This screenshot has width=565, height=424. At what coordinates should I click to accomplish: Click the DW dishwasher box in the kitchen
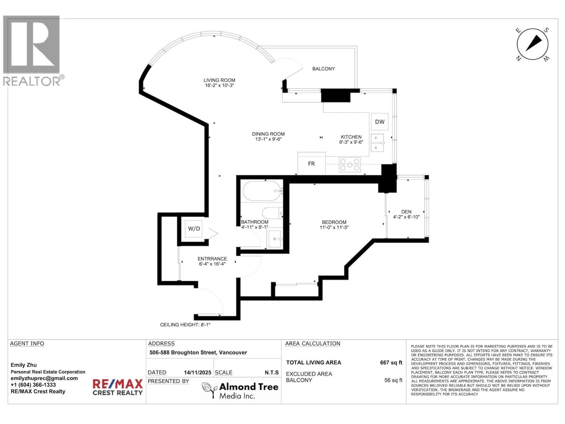pos(380,122)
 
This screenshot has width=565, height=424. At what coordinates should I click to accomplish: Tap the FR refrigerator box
pos(311,164)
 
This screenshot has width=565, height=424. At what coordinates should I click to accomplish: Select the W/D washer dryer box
pos(194,229)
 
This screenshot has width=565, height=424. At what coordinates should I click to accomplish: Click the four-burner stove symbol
pos(350,165)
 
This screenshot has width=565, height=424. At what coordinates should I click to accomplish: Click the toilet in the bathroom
pos(272,213)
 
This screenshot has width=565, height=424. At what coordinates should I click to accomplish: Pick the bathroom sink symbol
pos(275,239)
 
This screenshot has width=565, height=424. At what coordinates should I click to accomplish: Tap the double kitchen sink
pos(377,143)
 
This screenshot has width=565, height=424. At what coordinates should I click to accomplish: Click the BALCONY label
pos(323,69)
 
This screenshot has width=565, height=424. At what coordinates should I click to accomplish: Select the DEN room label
pos(406,212)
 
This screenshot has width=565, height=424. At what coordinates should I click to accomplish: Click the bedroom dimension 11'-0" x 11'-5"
pos(334,228)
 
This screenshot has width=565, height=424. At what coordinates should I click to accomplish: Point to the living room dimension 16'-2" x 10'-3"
pos(219,86)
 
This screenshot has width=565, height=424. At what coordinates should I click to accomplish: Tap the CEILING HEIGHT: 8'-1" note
pos(185,325)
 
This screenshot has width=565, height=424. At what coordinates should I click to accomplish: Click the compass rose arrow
pos(533,43)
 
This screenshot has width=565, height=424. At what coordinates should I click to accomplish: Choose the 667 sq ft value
pos(391,363)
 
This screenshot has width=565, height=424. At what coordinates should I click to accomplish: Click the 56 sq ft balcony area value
pos(393,380)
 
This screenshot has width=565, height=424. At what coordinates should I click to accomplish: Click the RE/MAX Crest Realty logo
pos(118,387)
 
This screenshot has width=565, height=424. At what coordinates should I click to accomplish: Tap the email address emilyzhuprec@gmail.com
pos(44,378)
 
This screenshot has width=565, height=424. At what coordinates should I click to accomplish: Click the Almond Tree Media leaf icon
pos(209,390)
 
